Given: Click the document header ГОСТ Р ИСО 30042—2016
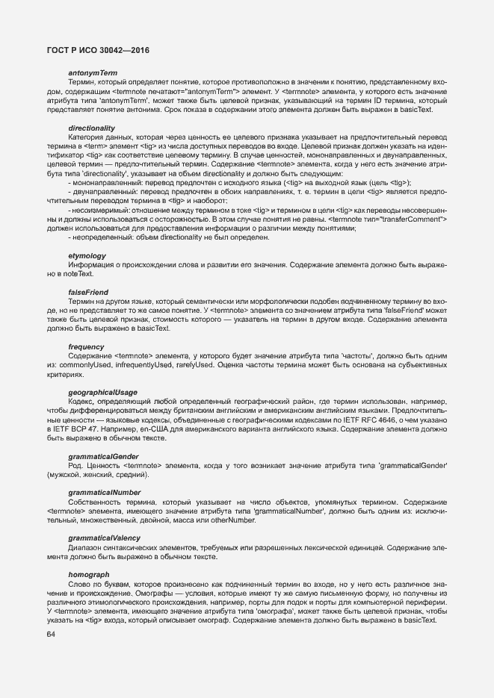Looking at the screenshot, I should (97, 49).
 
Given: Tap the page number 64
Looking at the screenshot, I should (51, 635).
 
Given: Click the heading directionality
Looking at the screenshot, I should (91, 128).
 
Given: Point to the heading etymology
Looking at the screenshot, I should (87, 256).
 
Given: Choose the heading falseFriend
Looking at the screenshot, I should (88, 291).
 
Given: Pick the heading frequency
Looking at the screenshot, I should (87, 347).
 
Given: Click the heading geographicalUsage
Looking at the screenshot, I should (102, 393).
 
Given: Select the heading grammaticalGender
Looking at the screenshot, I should (103, 456).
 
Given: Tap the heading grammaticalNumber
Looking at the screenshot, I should (104, 493).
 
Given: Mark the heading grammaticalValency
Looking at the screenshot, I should (104, 537).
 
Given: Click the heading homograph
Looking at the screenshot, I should (88, 574).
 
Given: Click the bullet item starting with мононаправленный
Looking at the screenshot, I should (239, 183).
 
